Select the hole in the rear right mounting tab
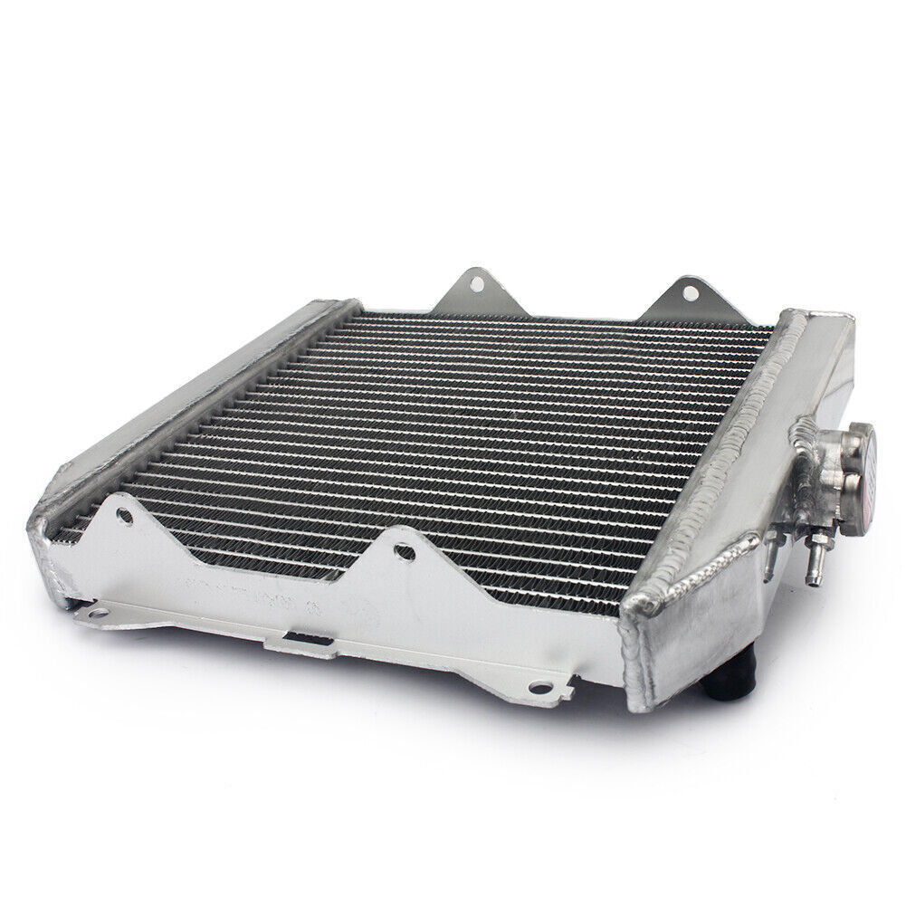690,292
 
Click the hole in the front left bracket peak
126,519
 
